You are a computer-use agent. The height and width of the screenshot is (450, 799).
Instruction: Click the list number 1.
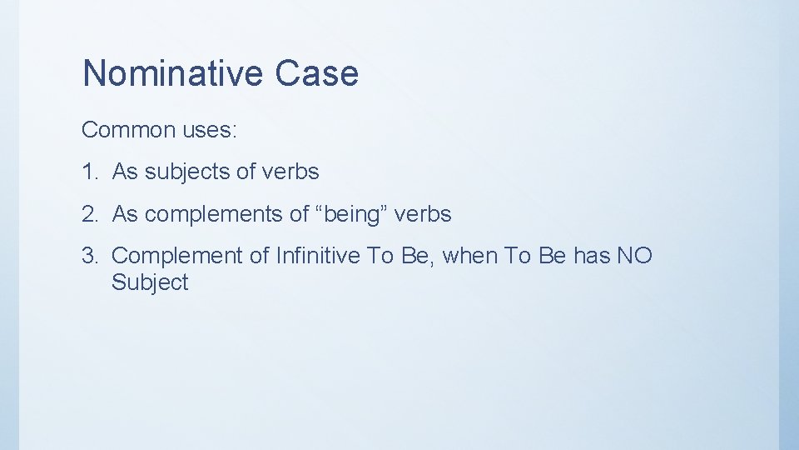point(89,172)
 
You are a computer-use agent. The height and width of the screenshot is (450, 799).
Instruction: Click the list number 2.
point(89,214)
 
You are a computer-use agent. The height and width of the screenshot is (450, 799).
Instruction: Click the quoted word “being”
point(352,215)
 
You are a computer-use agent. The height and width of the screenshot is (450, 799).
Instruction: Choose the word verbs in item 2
point(423,214)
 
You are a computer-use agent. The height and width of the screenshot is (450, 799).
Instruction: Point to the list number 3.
point(89,256)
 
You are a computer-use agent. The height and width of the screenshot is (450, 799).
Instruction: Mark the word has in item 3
point(592,256)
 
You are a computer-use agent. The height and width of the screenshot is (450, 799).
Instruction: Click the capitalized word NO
point(635,256)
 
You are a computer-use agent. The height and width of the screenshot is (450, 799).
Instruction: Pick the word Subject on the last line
point(150,282)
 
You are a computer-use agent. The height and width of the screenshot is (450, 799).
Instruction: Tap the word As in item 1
point(125,172)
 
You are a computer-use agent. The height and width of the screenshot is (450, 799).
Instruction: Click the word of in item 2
point(300,214)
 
